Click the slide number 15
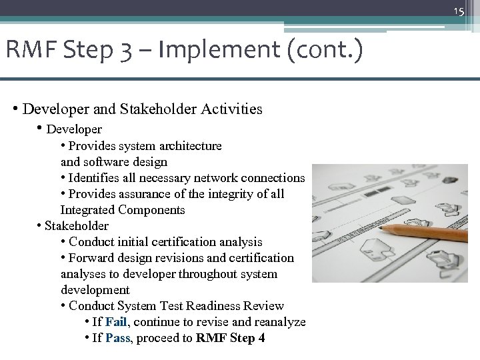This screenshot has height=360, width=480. click(459, 11)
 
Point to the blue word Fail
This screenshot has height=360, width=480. click(116, 322)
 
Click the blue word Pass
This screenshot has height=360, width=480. click(117, 338)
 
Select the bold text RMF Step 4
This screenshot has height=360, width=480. click(230, 338)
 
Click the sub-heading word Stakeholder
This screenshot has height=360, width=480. click(76, 226)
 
